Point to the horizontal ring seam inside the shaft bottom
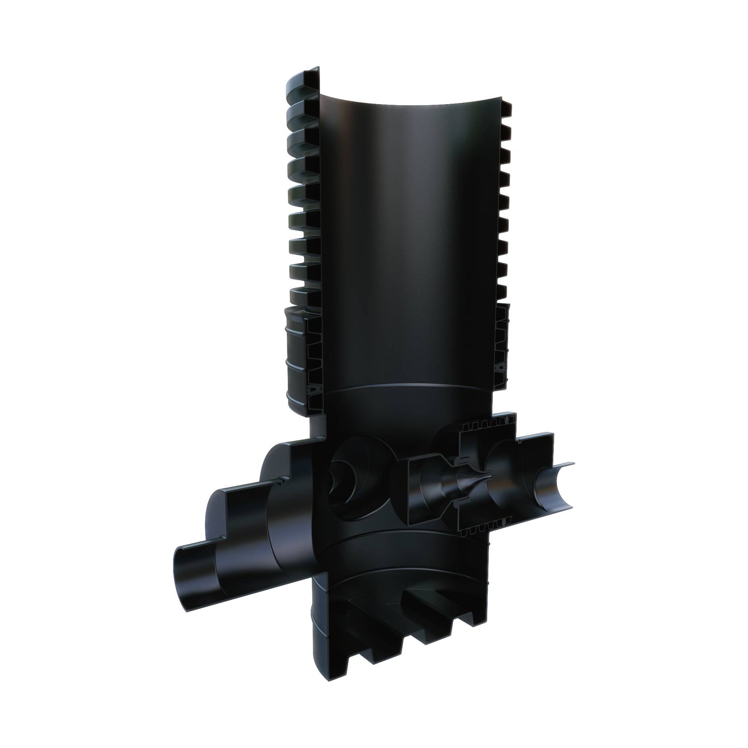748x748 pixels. (x=399, y=393)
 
